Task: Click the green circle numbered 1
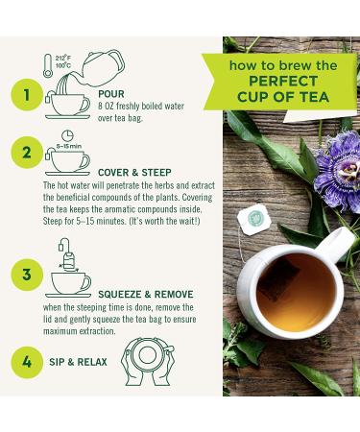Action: pyautogui.click(x=27, y=95)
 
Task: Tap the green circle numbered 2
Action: pyautogui.click(x=27, y=153)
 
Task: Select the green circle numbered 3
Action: pyautogui.click(x=27, y=275)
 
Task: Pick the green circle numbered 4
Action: pyautogui.click(x=27, y=362)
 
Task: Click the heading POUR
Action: pyautogui.click(x=111, y=94)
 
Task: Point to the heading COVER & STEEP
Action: pyautogui.click(x=134, y=173)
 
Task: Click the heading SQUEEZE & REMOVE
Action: pyautogui.click(x=146, y=295)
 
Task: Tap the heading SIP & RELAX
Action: pyautogui.click(x=78, y=362)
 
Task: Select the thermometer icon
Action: pyautogui.click(x=48, y=65)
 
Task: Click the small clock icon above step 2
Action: pyautogui.click(x=67, y=135)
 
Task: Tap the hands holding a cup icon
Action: pyautogui.click(x=148, y=361)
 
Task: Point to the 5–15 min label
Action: pyautogui.click(x=69, y=146)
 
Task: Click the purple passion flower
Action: pyautogui.click(x=338, y=170)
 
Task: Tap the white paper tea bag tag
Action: pyautogui.click(x=254, y=220)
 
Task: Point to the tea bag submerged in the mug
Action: pyautogui.click(x=277, y=279)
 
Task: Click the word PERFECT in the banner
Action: pyautogui.click(x=283, y=81)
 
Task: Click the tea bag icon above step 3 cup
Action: pyautogui.click(x=68, y=261)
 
